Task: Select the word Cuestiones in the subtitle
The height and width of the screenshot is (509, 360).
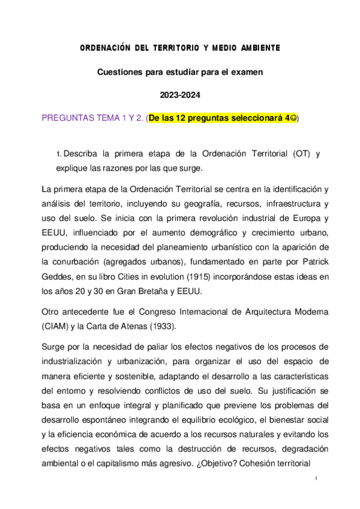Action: [x=119, y=71]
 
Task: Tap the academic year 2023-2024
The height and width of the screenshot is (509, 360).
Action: [x=179, y=95]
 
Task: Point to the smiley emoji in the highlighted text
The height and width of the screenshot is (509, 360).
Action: [x=293, y=118]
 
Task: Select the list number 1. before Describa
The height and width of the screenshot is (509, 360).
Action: [x=58, y=154]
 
